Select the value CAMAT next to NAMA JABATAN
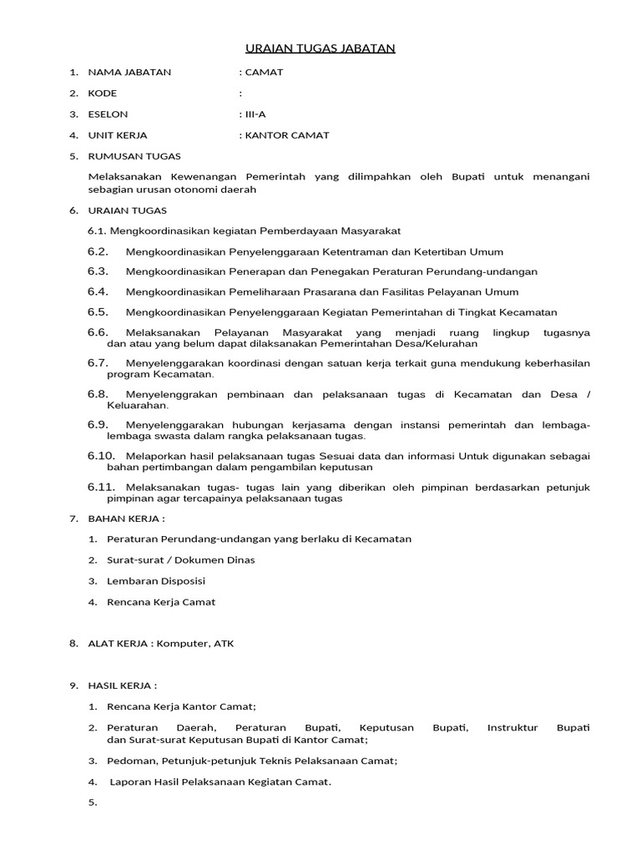pos(263,72)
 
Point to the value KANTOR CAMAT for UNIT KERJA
pos(286,135)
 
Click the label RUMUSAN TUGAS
pos(134,156)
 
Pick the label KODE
pos(103,94)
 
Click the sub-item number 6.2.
pos(98,251)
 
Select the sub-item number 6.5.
pos(98,312)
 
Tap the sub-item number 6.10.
pos(101,456)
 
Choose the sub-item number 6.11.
pos(101,487)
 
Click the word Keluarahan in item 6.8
pos(137,405)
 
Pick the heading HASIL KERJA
pos(122,686)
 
